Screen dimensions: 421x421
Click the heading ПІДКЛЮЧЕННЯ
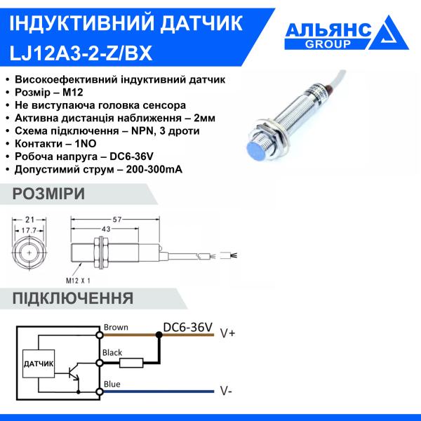(x=73, y=298)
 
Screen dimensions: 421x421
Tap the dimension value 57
(x=118, y=220)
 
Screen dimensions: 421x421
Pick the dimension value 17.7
(x=29, y=229)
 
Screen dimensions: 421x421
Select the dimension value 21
(x=29, y=220)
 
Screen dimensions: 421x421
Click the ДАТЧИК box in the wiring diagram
(x=39, y=364)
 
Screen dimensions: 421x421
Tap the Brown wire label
(x=115, y=327)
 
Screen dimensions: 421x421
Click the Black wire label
(x=113, y=353)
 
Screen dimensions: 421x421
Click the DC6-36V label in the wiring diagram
(x=187, y=327)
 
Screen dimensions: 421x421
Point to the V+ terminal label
(x=227, y=333)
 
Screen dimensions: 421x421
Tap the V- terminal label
(x=226, y=390)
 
